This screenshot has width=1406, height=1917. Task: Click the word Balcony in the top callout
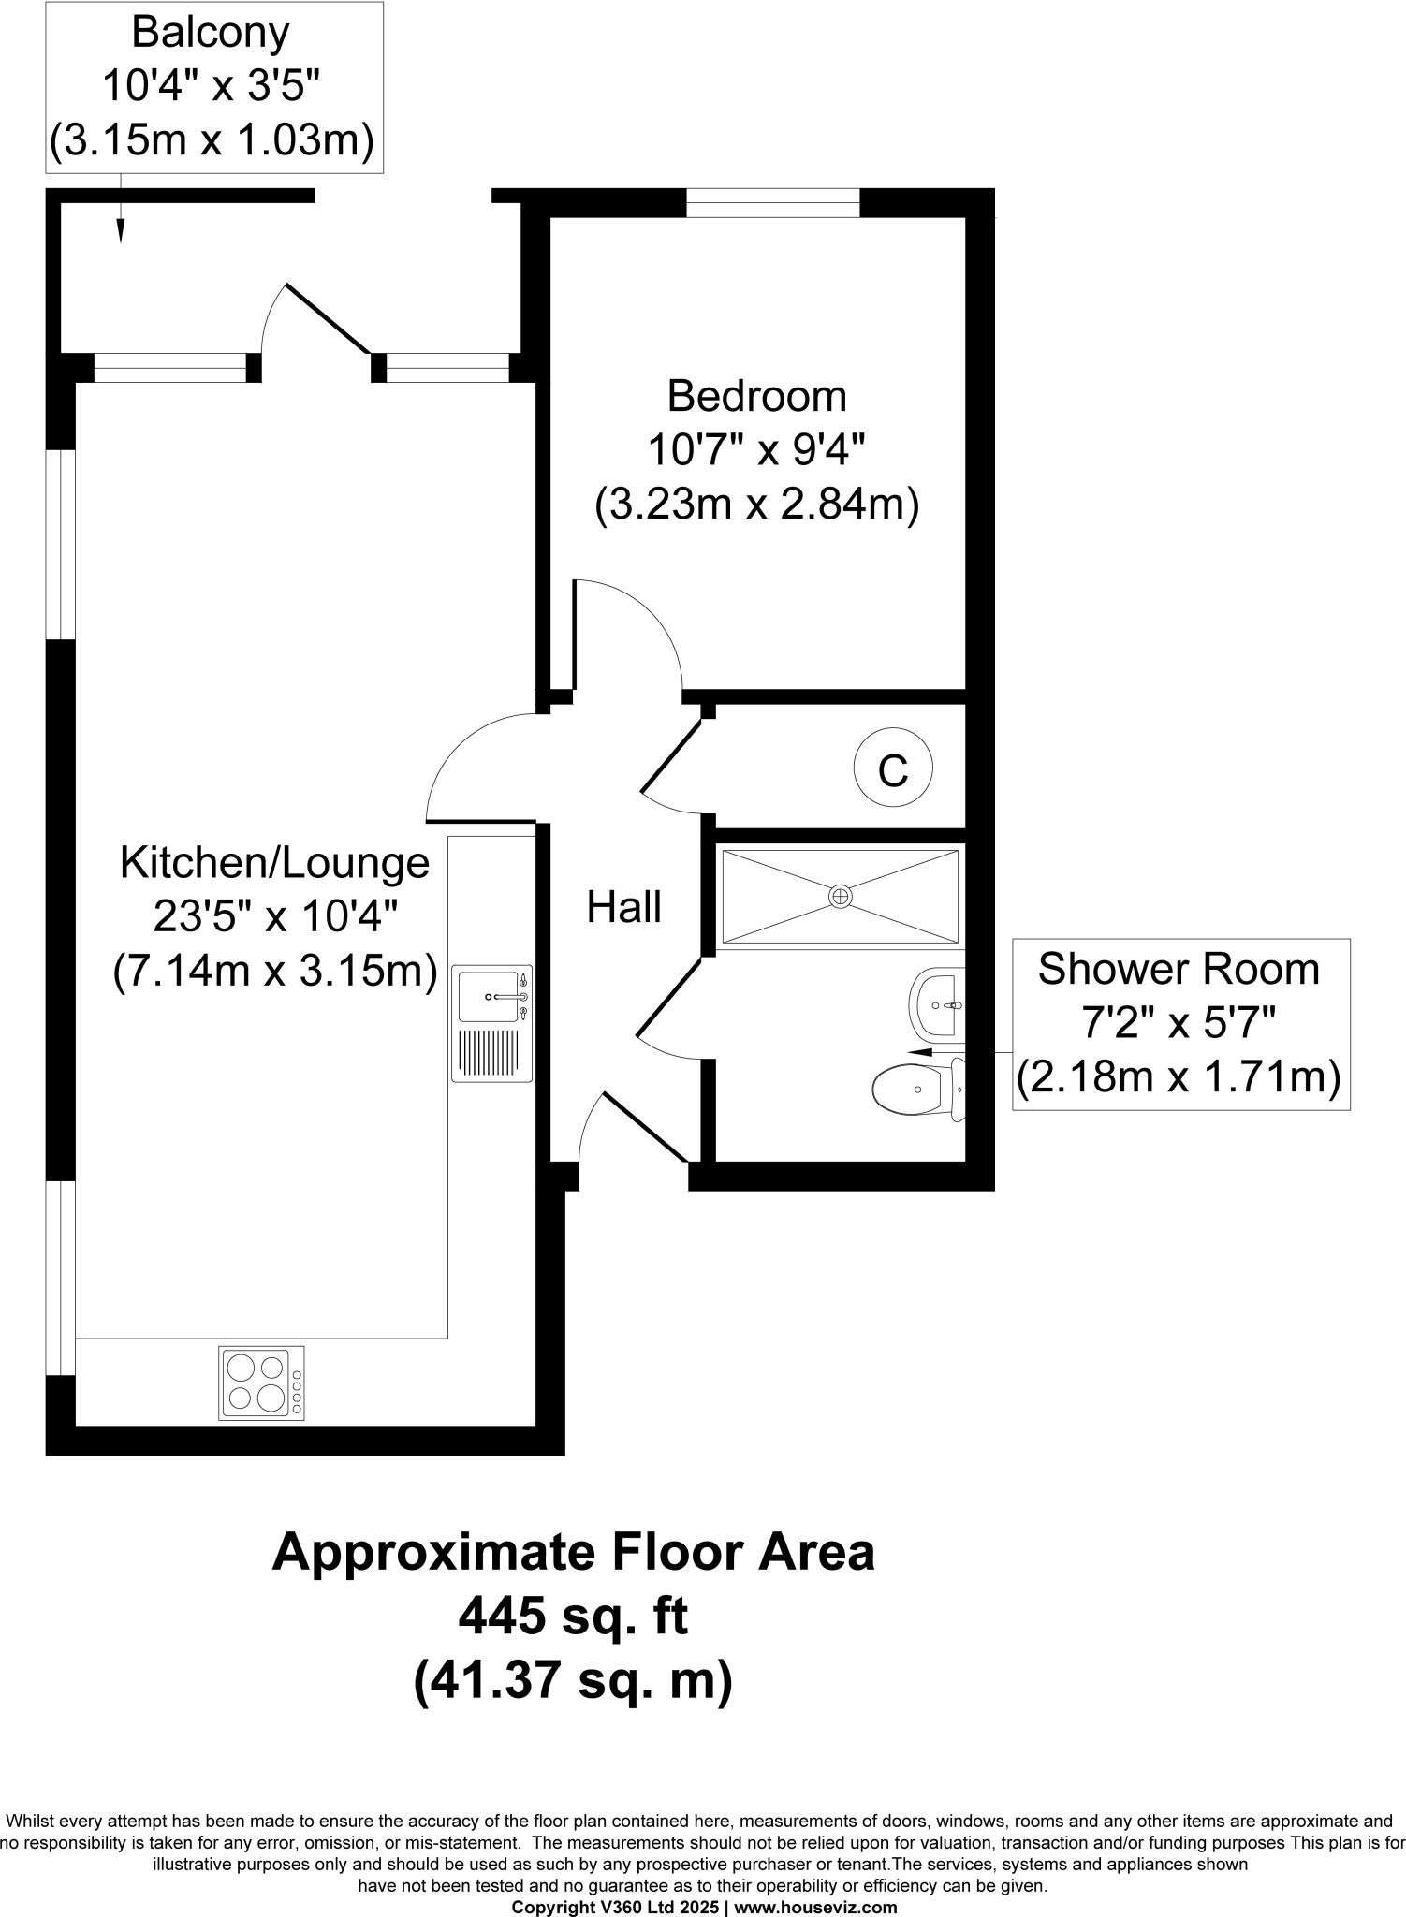[x=211, y=33]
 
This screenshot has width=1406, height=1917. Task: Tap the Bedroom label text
[x=756, y=397]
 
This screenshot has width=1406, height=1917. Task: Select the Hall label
[x=623, y=907]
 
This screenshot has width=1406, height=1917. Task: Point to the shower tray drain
[x=841, y=897]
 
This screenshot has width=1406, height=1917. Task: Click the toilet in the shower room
[x=915, y=1088]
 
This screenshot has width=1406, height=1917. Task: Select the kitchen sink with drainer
[x=492, y=1024]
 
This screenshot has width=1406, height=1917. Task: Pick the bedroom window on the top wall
[x=772, y=202]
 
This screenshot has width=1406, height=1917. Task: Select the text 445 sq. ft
[x=572, y=1616]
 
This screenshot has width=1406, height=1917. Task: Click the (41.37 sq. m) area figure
[x=572, y=1681]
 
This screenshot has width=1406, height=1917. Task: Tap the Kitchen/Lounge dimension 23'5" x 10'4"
[x=275, y=917]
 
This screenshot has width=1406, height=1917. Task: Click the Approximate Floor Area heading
[x=572, y=1551]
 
